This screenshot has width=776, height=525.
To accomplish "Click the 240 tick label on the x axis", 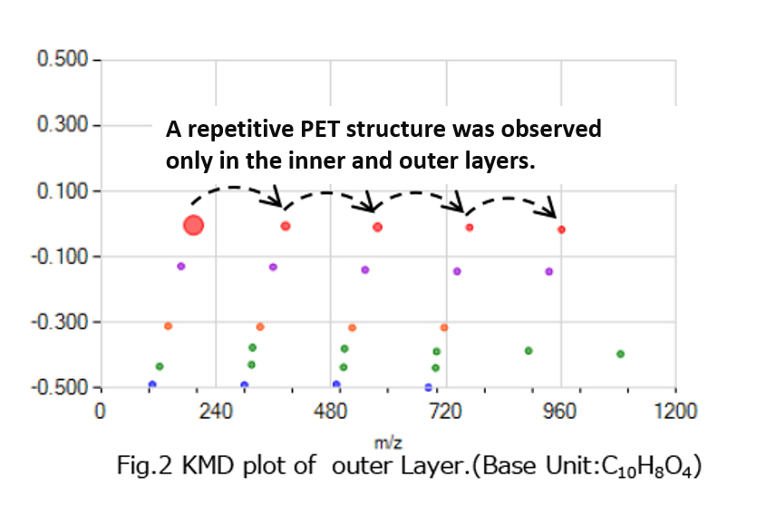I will [x=215, y=411].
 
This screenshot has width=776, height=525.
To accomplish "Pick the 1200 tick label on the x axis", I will [x=674, y=411].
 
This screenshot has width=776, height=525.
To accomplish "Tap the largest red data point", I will [x=193, y=225].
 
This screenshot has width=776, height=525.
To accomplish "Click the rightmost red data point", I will [x=561, y=229].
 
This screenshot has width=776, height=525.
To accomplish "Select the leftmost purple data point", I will [x=180, y=266].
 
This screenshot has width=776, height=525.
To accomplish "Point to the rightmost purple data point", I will [x=548, y=271].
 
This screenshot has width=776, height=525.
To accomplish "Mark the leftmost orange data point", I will [x=168, y=326].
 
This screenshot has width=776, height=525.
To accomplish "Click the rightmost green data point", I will [x=620, y=354].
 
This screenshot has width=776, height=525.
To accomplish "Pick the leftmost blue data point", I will [x=151, y=384].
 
